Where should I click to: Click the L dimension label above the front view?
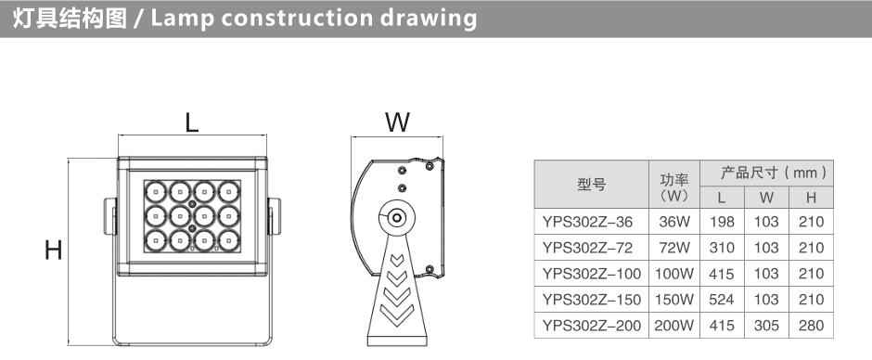[x=192, y=123]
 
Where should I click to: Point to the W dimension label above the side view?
[x=397, y=122]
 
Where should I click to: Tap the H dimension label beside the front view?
[x=54, y=251]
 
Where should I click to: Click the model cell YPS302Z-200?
[x=591, y=325]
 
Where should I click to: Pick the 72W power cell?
[x=674, y=248]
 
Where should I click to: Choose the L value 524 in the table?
[x=722, y=300]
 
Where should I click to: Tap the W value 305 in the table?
[x=766, y=325]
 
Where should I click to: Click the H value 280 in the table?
[x=811, y=325]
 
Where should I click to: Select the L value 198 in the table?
[x=722, y=222]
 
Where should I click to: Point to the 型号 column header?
[x=591, y=185]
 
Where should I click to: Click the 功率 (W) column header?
[x=674, y=187]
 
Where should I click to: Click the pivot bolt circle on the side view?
[x=396, y=217]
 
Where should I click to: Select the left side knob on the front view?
[x=110, y=216]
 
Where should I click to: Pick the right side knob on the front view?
[x=275, y=216]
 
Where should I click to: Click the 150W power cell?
[x=674, y=300]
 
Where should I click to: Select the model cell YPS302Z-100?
[x=591, y=274]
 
